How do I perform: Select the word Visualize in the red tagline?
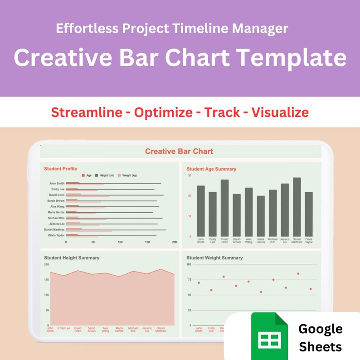pos(280,112)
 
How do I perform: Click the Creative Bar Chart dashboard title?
pos(179,151)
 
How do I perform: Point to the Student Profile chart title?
pos(60,169)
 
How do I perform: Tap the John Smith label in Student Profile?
pos(57,183)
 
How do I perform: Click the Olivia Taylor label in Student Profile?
pos(57,235)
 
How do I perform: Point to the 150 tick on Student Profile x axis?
pos(147,242)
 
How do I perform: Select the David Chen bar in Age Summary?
pos(224,207)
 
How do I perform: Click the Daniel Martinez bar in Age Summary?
pos(297,206)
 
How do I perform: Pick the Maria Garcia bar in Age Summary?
pos(261,215)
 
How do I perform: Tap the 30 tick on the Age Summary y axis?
pos(190,175)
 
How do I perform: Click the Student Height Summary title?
pos(72,258)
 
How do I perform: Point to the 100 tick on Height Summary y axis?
pos(46,295)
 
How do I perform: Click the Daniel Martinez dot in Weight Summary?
pos(298,274)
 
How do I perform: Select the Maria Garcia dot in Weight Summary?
pos(261,292)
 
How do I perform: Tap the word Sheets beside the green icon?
pos(320,347)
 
